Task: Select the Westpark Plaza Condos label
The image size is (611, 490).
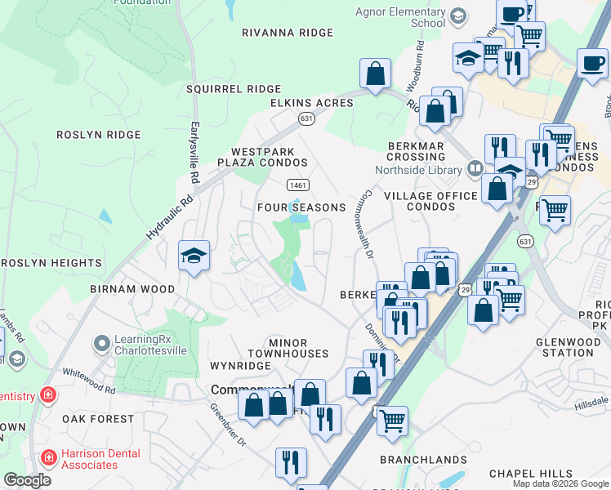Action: coord(269,157)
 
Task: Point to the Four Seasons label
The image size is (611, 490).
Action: coord(301,207)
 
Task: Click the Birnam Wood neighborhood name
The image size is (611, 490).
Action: coord(132,289)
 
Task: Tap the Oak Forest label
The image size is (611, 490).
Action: coord(98,419)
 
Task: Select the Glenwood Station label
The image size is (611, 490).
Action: coord(564,347)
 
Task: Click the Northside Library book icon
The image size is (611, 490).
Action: coord(475,170)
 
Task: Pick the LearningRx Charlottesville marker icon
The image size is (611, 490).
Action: coord(102,343)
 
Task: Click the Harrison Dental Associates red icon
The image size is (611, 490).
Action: coord(49,459)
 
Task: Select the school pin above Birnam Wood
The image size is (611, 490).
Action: coord(194,256)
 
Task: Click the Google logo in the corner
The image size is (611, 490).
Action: coord(27,480)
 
